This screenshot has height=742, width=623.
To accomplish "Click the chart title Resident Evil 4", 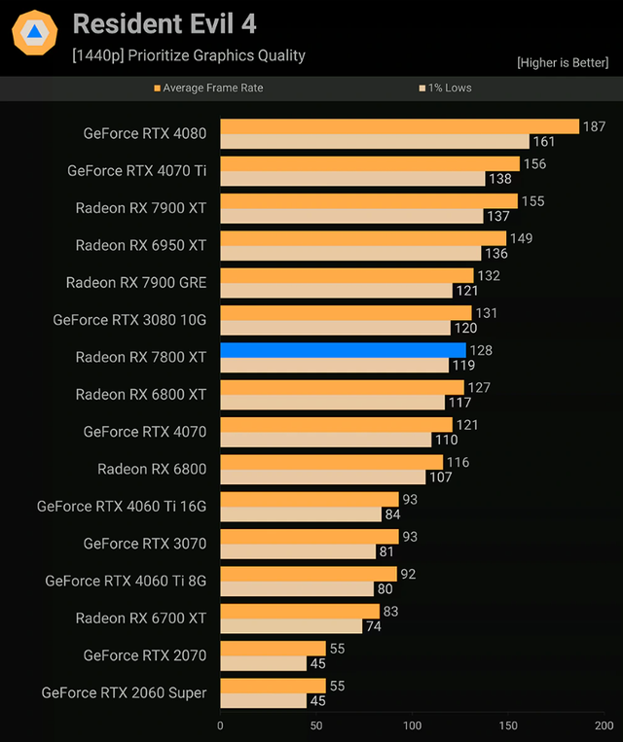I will click(x=165, y=23).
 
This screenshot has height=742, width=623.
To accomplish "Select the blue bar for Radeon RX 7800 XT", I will click(x=343, y=350).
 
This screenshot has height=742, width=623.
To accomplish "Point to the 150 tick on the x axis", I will click(x=509, y=725).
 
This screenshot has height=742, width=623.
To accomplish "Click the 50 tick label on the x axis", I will click(x=316, y=725).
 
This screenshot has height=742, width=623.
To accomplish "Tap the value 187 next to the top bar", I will click(x=594, y=126).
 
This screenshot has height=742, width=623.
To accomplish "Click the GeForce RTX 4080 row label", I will click(x=145, y=133).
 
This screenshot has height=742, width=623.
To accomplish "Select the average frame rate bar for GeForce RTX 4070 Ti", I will click(x=370, y=164).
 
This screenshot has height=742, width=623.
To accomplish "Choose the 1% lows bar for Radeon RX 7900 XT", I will click(x=351, y=216).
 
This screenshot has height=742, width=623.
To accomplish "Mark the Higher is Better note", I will click(x=563, y=62).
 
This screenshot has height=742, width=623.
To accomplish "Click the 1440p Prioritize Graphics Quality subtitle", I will click(x=189, y=55).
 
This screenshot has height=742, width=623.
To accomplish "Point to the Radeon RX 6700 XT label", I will click(x=141, y=618).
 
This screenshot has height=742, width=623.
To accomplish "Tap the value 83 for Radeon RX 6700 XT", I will click(x=392, y=611).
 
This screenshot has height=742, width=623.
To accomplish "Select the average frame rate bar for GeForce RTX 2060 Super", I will click(x=273, y=686).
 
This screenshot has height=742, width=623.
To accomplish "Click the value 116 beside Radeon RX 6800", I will click(x=458, y=462).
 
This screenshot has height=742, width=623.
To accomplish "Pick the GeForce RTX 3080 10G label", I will click(x=129, y=319).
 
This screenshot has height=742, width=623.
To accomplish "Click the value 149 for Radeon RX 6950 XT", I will click(x=522, y=238).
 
